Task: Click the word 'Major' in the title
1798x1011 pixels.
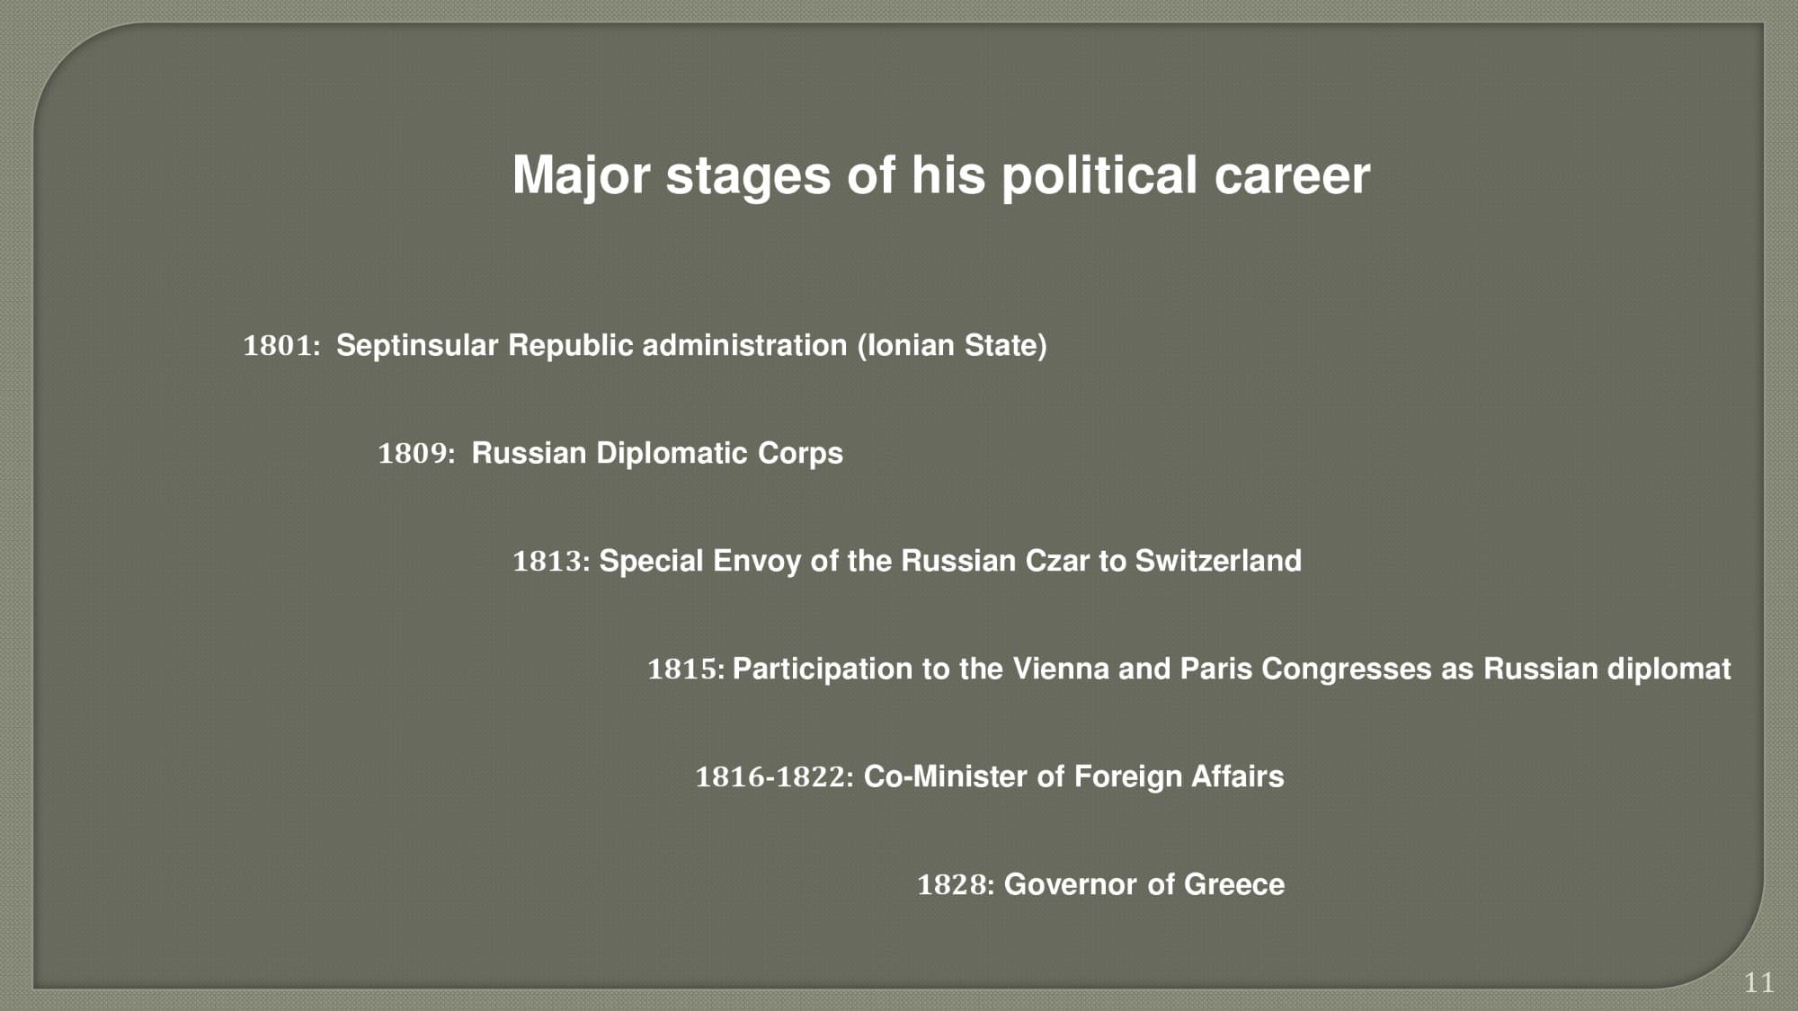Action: coord(581,176)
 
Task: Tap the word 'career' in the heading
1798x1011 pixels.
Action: coord(1292,175)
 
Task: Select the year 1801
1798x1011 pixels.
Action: coord(281,345)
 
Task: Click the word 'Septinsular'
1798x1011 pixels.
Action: coord(417,346)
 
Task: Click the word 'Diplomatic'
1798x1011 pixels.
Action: coord(672,453)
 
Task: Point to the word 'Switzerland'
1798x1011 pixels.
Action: coord(1218,561)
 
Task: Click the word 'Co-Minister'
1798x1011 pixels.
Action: coord(946,776)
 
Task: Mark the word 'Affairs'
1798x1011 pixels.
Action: coord(1237,776)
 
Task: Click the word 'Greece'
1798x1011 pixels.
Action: coord(1234,884)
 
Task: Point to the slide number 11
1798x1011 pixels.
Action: coord(1758,983)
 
